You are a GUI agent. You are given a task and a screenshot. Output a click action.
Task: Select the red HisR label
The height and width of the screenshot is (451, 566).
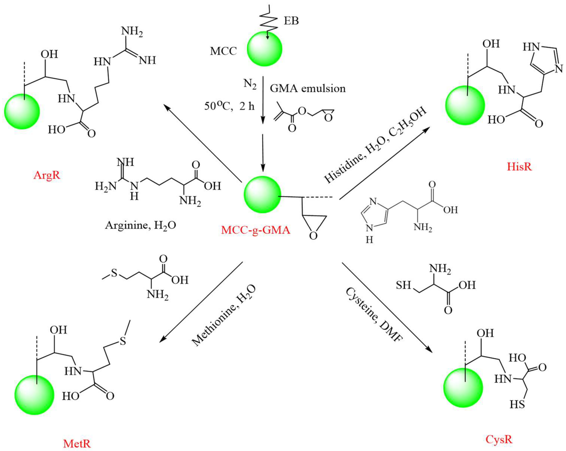(x=519, y=167)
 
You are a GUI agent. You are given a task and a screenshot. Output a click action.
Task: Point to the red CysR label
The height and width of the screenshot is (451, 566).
(x=499, y=439)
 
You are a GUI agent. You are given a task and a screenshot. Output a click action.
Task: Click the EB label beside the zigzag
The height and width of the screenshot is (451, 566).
(x=291, y=21)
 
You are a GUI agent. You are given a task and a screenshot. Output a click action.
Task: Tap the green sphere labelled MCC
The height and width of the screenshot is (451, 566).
(x=264, y=49)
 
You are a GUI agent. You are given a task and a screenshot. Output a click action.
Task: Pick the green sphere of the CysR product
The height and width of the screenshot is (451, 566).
(x=463, y=388)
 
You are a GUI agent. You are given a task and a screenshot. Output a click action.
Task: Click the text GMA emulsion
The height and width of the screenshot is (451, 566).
(x=307, y=88)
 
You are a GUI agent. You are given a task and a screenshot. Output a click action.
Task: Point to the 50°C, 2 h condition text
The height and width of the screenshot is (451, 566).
(x=229, y=106)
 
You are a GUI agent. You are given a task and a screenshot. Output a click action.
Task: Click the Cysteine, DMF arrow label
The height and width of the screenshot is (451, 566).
(x=373, y=314)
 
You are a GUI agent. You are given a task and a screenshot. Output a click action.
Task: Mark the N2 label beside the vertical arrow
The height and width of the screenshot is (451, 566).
(x=250, y=84)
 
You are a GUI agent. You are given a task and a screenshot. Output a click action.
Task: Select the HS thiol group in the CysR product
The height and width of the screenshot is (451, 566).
(x=517, y=404)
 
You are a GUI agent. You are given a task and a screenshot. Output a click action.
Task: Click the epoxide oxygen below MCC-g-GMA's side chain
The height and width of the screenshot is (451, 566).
(x=313, y=236)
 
